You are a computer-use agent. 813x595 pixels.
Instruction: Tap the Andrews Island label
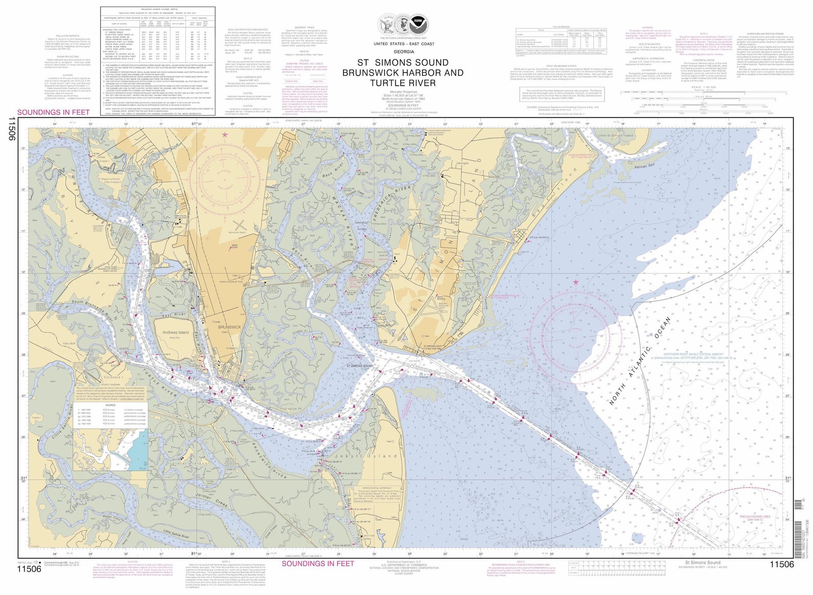[175, 332]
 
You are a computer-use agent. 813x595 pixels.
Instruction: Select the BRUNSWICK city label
[229, 327]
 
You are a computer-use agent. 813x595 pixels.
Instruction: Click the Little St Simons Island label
[616, 135]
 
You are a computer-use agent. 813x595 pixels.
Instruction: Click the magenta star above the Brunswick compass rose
[224, 134]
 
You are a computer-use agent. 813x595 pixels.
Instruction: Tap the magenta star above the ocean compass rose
[575, 282]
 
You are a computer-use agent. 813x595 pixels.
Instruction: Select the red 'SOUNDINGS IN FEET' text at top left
[53, 112]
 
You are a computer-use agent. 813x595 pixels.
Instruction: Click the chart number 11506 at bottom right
[781, 564]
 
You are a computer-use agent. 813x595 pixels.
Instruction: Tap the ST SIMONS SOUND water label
[359, 366]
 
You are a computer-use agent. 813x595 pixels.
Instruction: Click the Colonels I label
[114, 377]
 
